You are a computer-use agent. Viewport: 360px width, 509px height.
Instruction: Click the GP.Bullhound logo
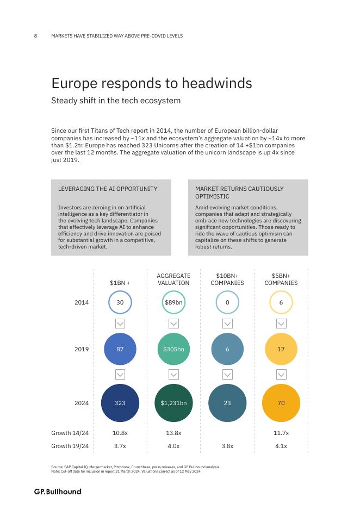click(x=58, y=492)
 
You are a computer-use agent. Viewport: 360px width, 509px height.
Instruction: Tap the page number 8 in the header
click(x=36, y=36)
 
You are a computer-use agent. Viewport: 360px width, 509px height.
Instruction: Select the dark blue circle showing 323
click(x=120, y=403)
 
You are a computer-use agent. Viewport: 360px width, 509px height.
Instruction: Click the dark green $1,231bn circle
click(x=173, y=403)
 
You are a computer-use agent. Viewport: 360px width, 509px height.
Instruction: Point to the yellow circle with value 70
click(x=281, y=403)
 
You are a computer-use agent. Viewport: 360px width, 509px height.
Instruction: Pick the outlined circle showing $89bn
click(x=173, y=302)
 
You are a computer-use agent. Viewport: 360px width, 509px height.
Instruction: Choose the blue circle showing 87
click(x=120, y=349)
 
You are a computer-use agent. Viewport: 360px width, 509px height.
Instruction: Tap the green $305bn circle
click(x=173, y=349)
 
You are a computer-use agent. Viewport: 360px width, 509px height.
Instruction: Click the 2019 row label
click(x=82, y=349)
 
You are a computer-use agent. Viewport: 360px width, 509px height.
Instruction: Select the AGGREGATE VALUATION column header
click(x=173, y=280)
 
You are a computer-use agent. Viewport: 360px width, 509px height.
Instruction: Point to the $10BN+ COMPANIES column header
click(x=227, y=280)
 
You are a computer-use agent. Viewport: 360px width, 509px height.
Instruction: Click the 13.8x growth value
click(x=173, y=433)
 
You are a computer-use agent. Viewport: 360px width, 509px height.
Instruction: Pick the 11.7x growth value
click(x=281, y=433)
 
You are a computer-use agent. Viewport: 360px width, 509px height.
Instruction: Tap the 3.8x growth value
click(x=227, y=446)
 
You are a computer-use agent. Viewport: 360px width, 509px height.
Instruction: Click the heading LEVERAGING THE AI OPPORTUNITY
click(x=108, y=189)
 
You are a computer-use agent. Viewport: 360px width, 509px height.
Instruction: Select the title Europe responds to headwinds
click(x=152, y=83)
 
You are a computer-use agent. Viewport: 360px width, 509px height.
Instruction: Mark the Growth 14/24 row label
click(x=70, y=433)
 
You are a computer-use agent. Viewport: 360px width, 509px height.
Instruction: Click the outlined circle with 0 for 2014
click(x=227, y=302)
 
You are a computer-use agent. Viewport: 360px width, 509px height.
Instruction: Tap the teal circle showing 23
click(x=227, y=403)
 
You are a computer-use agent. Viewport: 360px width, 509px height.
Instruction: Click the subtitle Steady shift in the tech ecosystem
click(x=116, y=101)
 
